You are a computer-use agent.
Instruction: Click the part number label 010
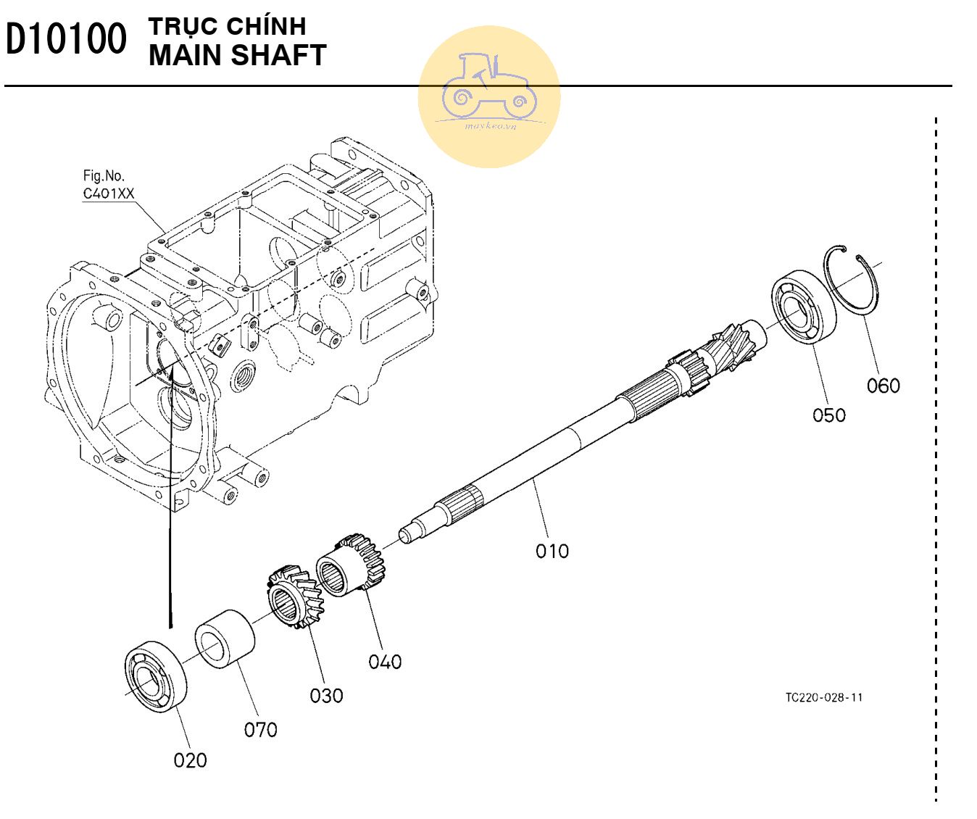[x=552, y=552]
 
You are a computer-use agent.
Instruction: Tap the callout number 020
[x=190, y=760]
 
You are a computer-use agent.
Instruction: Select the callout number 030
[x=326, y=696]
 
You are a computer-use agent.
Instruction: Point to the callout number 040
[x=385, y=662]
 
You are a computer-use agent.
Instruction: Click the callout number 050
[x=828, y=415]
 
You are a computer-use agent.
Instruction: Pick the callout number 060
[x=883, y=386]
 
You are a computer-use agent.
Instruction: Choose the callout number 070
[x=260, y=730]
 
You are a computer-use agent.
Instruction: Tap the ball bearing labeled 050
[x=803, y=307]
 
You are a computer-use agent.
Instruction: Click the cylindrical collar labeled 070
[x=225, y=638]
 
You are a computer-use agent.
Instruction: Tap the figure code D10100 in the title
[x=66, y=40]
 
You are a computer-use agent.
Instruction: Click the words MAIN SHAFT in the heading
[x=237, y=56]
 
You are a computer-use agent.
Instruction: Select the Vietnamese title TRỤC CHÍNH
[x=227, y=26]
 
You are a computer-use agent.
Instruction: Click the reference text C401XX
[x=109, y=194]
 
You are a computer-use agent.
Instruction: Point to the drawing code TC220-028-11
[x=824, y=698]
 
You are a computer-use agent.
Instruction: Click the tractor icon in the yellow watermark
[x=488, y=87]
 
